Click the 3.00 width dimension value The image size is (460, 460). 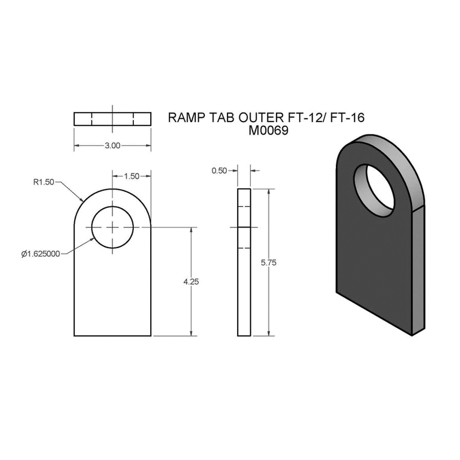coord(112,146)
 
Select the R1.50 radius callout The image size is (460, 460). coord(44,182)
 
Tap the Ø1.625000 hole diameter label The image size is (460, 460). coord(40,254)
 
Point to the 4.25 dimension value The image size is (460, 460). coord(191,282)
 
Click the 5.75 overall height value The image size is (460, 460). coord(269,263)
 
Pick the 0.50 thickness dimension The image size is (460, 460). coord(219,170)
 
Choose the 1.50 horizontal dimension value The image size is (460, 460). coord(131,176)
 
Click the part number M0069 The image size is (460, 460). coord(268,130)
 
